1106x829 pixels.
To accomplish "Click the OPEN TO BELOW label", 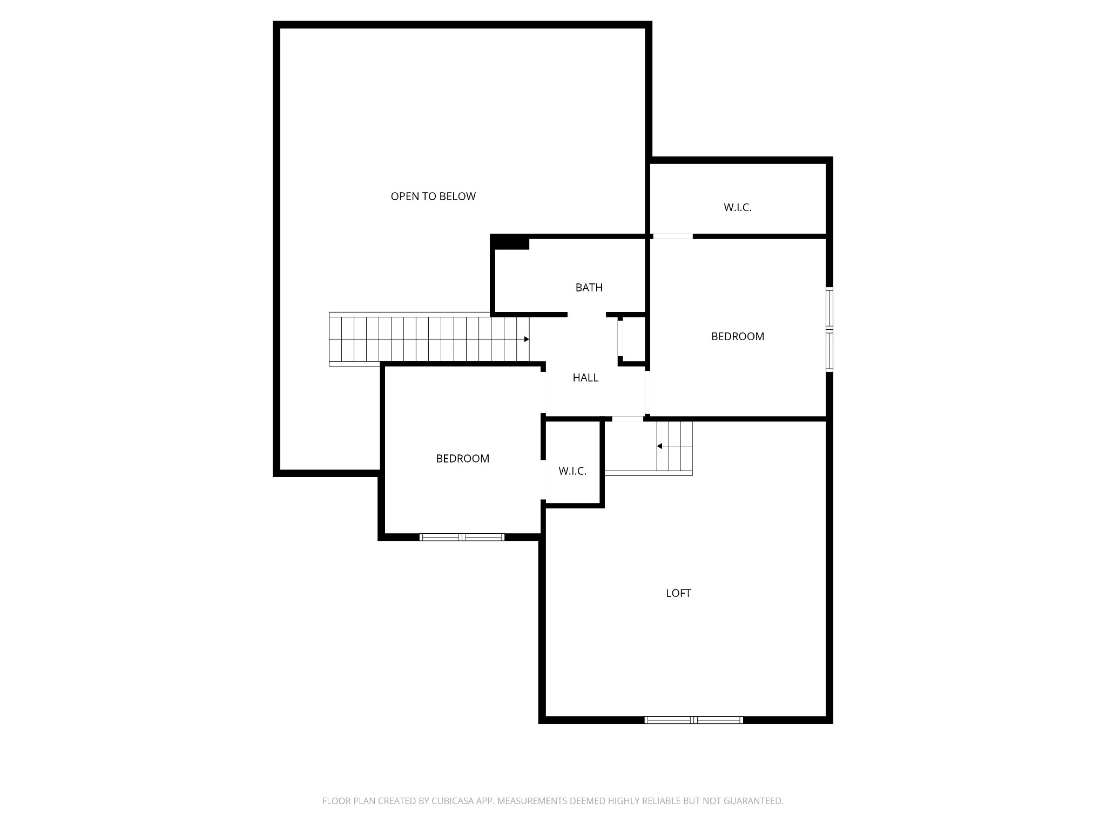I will [433, 196].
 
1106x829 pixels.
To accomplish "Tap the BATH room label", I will [589, 288].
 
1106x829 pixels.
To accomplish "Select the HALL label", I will [585, 378].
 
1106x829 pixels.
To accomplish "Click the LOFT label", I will [678, 593].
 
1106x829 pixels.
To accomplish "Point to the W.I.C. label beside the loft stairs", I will [572, 471].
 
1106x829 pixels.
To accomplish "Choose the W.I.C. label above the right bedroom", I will [738, 207].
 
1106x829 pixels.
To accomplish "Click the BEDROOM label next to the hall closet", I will [738, 336].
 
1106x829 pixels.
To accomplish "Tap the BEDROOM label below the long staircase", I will [463, 458].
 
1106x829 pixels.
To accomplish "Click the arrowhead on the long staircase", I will [527, 339].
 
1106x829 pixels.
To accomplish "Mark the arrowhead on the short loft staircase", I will [659, 446].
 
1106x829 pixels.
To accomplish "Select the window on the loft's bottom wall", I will [694, 719].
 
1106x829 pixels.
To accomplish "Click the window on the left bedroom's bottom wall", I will [462, 537].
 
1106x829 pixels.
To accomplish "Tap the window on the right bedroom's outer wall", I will [829, 329].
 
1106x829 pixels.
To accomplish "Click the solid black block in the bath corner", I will [511, 243].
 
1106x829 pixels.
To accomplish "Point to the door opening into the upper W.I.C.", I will [673, 236].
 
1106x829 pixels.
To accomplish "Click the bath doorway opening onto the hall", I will [586, 315].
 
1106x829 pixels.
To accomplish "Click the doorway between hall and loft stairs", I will [628, 419].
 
